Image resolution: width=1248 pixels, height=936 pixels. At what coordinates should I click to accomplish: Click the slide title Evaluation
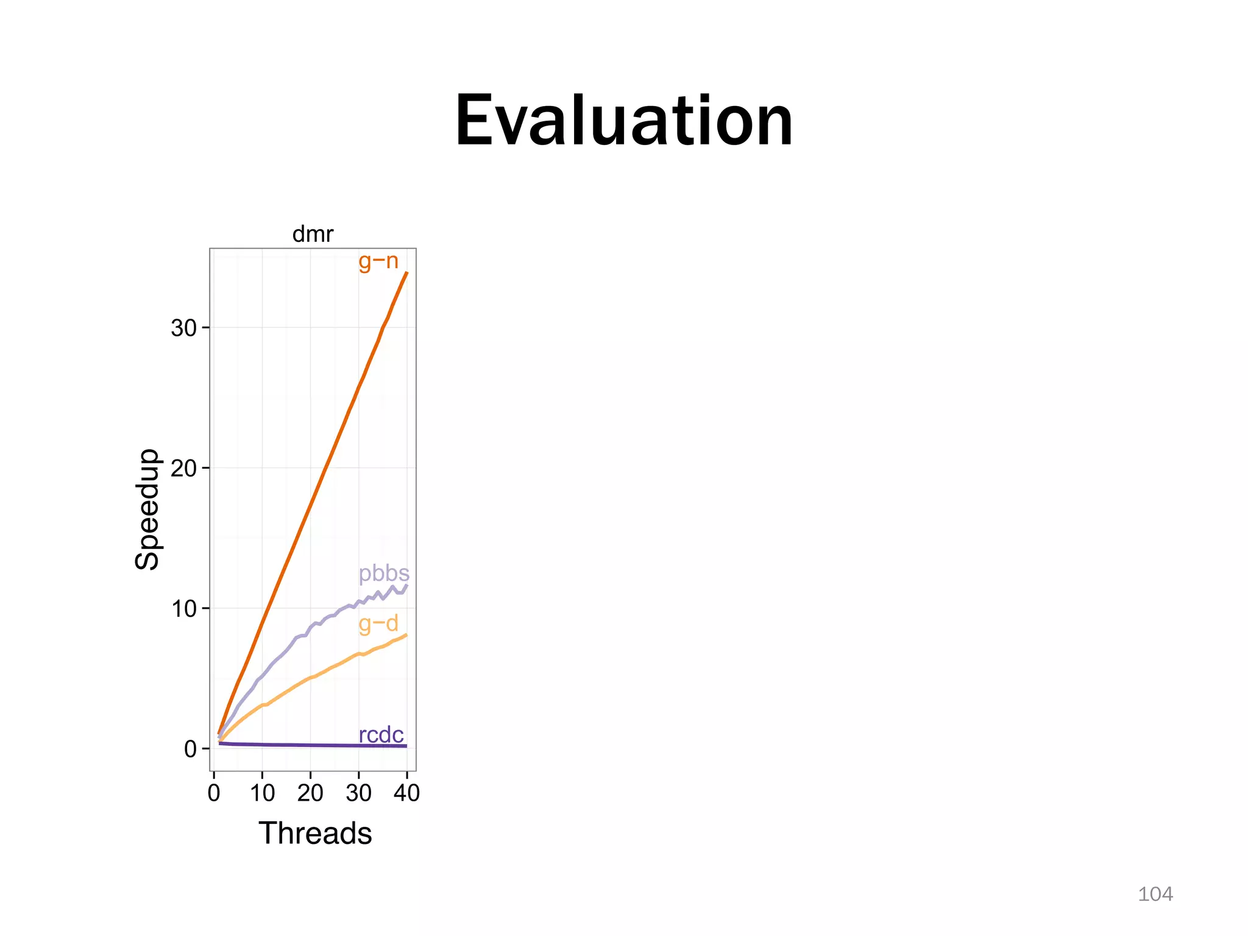click(624, 121)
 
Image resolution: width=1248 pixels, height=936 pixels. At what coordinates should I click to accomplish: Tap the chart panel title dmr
click(313, 234)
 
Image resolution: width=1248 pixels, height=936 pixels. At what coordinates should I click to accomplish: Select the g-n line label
click(378, 261)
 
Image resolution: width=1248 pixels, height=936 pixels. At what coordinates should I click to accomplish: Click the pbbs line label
click(384, 573)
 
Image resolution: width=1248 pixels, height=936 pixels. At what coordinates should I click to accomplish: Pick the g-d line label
click(378, 623)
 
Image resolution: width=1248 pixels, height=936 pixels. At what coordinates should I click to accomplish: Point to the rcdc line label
click(381, 735)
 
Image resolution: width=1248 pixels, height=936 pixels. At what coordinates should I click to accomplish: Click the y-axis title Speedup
click(147, 509)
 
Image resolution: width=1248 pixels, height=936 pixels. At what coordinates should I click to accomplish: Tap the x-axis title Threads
click(315, 833)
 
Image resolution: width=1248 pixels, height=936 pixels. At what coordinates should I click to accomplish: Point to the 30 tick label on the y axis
click(183, 328)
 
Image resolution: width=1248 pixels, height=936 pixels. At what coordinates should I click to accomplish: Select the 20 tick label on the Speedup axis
click(183, 469)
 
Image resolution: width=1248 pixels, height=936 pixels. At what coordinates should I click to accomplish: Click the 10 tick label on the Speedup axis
click(183, 609)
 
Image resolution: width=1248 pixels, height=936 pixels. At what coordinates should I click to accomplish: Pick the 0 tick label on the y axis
click(190, 749)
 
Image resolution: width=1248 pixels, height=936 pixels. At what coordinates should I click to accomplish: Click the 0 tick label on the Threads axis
click(214, 793)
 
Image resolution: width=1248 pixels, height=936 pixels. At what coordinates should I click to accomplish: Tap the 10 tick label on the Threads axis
click(262, 793)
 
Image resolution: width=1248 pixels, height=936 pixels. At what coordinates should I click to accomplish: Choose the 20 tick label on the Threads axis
click(310, 793)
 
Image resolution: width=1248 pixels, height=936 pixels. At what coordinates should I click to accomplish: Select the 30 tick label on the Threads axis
click(358, 793)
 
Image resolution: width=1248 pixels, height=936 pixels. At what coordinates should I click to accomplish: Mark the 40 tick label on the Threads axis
click(406, 793)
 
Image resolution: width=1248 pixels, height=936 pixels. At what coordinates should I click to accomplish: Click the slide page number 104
click(1155, 894)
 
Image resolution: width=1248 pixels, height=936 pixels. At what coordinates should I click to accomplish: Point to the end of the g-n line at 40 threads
click(406, 273)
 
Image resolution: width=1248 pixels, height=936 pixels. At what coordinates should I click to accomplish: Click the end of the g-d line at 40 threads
click(406, 635)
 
